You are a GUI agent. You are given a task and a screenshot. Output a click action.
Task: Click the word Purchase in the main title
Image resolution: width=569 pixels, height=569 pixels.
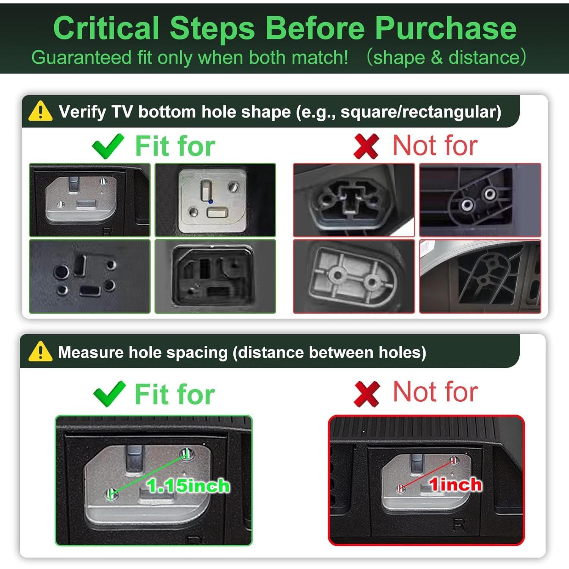(x=446, y=28)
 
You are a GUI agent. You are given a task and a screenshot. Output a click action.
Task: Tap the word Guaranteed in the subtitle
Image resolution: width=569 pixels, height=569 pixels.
(x=82, y=58)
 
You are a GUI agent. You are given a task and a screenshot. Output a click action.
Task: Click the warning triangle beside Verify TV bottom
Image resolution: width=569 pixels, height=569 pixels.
(x=40, y=111)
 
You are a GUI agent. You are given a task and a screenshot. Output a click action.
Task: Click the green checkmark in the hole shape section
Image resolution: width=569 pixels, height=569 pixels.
(x=108, y=146)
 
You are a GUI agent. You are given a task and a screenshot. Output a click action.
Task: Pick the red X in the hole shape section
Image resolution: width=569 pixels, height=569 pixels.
(x=366, y=146)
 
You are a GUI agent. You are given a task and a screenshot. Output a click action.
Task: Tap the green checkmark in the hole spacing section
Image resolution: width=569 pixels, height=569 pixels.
(x=109, y=394)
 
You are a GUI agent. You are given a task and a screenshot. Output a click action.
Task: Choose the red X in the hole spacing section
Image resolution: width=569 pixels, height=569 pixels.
(x=366, y=394)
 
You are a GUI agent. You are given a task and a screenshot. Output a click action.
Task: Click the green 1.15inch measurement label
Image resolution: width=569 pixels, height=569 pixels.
(x=188, y=486)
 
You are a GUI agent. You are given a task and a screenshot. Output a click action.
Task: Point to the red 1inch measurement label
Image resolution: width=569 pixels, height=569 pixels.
(x=455, y=485)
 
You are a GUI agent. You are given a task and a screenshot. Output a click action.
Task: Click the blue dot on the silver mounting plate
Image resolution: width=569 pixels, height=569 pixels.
(x=211, y=202)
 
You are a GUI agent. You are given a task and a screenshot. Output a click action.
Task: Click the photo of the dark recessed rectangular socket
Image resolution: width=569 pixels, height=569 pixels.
(x=215, y=276)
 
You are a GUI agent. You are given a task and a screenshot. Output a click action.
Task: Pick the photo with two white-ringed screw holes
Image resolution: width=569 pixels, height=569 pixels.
(x=480, y=200)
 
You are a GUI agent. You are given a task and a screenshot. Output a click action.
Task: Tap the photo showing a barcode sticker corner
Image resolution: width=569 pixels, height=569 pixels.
(x=480, y=276)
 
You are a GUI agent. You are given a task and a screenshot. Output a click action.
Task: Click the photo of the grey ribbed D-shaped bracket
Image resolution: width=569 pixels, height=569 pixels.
(x=354, y=276)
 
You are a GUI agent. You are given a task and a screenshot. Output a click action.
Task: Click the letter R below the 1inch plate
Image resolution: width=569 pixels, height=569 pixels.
(x=459, y=525)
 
